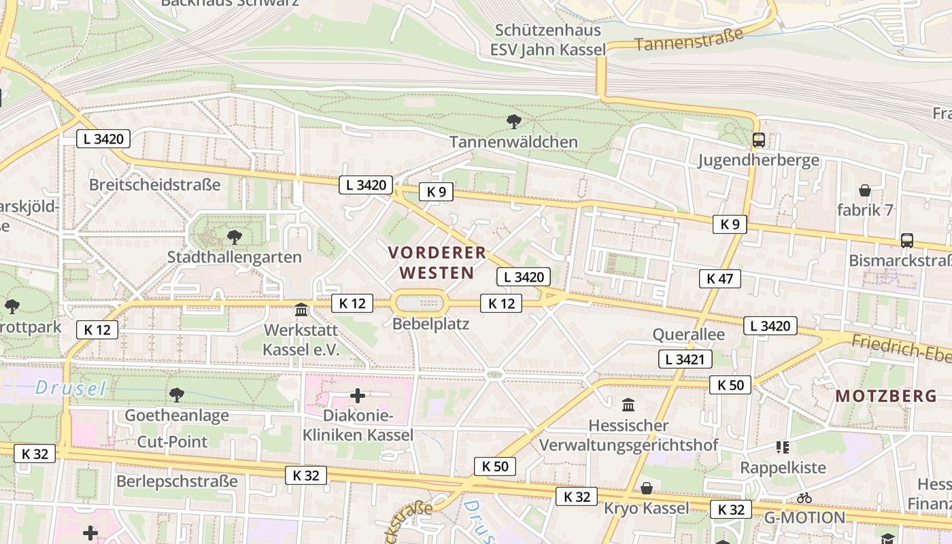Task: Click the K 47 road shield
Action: click(719, 278)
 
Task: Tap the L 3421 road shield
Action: click(685, 359)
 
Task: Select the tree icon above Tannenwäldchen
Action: click(514, 122)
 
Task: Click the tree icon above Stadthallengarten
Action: click(235, 237)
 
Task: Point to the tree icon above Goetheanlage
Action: click(177, 394)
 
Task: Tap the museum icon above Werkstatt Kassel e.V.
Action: click(301, 311)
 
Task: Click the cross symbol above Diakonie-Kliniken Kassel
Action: click(358, 396)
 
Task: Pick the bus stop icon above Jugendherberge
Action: click(759, 141)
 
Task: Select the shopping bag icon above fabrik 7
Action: click(865, 190)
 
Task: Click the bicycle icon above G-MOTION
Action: click(804, 498)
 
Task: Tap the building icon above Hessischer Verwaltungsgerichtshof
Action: click(628, 405)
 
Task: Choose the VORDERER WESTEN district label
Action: click(437, 262)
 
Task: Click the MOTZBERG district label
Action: click(886, 396)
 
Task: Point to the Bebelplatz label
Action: click(431, 324)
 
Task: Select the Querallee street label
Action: click(688, 335)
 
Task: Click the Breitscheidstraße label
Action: click(155, 184)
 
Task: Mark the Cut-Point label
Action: click(173, 441)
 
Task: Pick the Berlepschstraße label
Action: click(177, 481)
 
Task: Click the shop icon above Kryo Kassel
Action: click(647, 488)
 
